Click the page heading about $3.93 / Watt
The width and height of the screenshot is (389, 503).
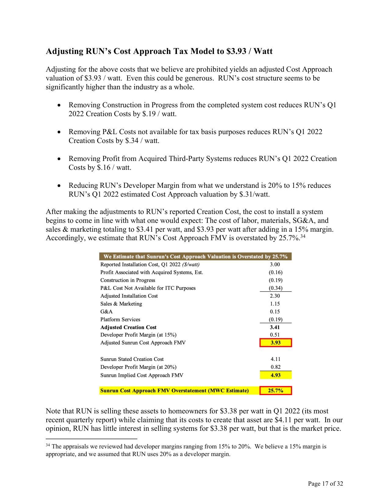pyautogui.click(x=159, y=51)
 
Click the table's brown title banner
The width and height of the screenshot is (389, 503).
pyautogui.click(x=195, y=256)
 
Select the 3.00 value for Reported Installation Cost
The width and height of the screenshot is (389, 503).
pyautogui.click(x=275, y=265)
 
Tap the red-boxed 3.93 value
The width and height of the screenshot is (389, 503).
pyautogui.click(x=276, y=343)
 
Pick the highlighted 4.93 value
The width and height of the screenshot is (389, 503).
pyautogui.click(x=276, y=375)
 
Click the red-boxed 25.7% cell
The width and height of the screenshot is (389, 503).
pyautogui.click(x=276, y=391)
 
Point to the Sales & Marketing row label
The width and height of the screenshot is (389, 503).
pyautogui.click(x=121, y=304)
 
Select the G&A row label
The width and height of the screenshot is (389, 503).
pyautogui.click(x=106, y=312)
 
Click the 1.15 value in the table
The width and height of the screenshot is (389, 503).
pyautogui.click(x=275, y=304)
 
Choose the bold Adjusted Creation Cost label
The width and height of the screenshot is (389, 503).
pyautogui.click(x=128, y=327)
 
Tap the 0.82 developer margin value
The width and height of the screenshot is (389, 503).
pyautogui.click(x=276, y=367)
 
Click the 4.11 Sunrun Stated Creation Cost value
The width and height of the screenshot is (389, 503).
pyautogui.click(x=276, y=359)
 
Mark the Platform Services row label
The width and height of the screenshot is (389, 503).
pyautogui.click(x=120, y=319)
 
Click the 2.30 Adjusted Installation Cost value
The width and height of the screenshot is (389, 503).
pyautogui.click(x=275, y=296)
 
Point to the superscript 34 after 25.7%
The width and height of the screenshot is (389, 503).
pyautogui.click(x=303, y=236)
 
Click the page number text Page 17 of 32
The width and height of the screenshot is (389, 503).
pyautogui.click(x=325, y=483)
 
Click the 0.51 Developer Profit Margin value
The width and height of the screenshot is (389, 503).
pyautogui.click(x=275, y=335)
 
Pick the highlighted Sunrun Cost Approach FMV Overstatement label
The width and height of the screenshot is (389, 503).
pyautogui.click(x=174, y=391)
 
